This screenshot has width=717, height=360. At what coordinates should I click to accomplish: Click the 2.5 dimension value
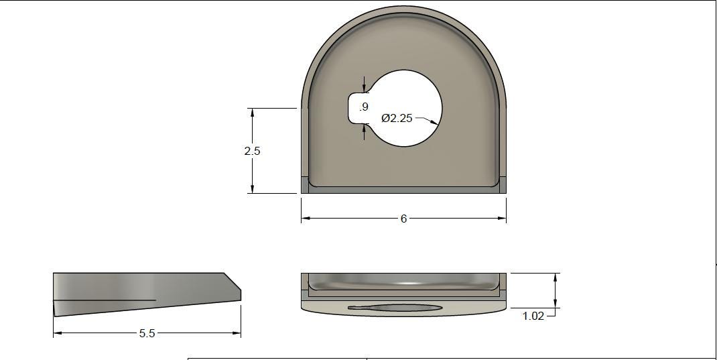click(x=252, y=151)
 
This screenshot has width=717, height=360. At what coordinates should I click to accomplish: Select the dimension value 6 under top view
click(x=403, y=219)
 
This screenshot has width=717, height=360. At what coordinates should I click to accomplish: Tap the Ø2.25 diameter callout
click(x=397, y=118)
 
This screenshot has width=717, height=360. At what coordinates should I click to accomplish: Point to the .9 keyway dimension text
click(x=364, y=107)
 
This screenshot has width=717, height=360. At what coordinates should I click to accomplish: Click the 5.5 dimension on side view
click(x=147, y=333)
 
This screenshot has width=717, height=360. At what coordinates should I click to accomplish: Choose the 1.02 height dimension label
click(x=533, y=316)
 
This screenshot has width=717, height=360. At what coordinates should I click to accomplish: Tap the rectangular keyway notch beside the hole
click(x=357, y=108)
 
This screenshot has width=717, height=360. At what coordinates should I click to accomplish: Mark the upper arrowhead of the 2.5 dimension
click(x=253, y=113)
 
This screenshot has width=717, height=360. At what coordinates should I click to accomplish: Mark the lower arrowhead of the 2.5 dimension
click(x=253, y=189)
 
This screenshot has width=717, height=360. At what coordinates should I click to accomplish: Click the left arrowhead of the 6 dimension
click(x=306, y=218)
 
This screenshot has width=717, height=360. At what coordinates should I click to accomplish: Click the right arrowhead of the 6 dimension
click(x=502, y=218)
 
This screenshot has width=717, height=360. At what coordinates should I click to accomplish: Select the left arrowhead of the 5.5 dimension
click(x=58, y=333)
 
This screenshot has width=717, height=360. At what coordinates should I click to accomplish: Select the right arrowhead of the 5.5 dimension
click(x=237, y=333)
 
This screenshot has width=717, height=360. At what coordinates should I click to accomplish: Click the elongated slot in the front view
click(x=395, y=308)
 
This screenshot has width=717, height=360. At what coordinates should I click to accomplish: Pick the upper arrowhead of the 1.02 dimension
click(x=556, y=277)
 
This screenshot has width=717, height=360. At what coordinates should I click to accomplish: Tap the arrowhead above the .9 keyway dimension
click(x=364, y=87)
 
